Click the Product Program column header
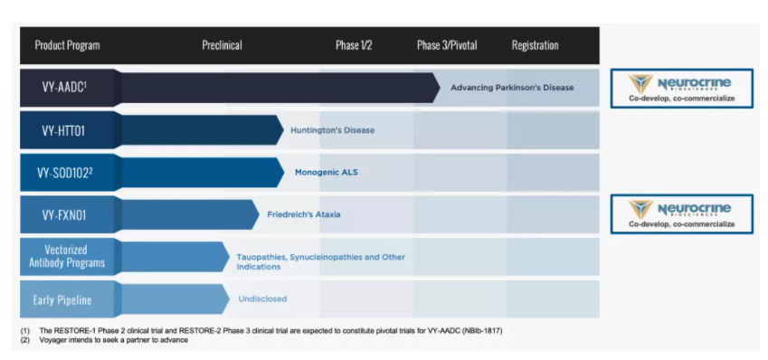pos(67,45)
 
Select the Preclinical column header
pos(222,45)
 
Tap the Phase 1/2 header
pos(354,45)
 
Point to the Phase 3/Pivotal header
pos(447,45)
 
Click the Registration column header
pos(535,45)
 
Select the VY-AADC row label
pos(64,88)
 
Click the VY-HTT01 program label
pos(63,131)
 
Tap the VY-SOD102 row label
pos(64,173)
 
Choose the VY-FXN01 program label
pos(64,215)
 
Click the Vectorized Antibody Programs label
pos(67,256)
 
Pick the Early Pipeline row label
pos(62,299)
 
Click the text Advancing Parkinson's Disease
pos(512,88)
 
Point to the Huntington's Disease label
pos(333,130)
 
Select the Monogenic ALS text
pos(327,173)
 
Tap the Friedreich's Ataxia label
pos(304,214)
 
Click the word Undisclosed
pos(262,298)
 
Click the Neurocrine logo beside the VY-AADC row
pos(681,88)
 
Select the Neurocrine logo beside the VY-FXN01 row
pos(681,214)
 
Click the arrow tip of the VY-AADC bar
pos(440,88)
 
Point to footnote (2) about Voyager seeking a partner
pos(104,340)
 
